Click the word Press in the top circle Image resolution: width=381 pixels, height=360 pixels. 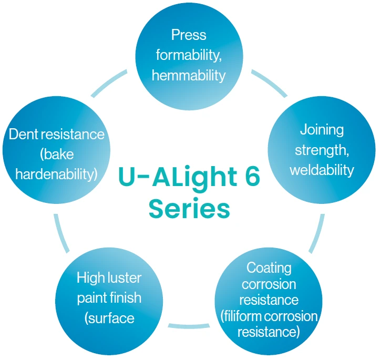(189, 36)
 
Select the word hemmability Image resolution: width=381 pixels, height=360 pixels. (189, 76)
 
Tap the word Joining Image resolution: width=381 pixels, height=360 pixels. (322, 129)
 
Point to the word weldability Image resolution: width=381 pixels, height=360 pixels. (322, 170)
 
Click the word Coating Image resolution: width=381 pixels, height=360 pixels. (269, 268)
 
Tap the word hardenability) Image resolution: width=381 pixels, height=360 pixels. (57, 174)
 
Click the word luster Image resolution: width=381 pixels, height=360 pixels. (126, 277)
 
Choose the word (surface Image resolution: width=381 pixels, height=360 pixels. (109, 318)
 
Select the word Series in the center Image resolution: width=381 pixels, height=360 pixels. (189, 209)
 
